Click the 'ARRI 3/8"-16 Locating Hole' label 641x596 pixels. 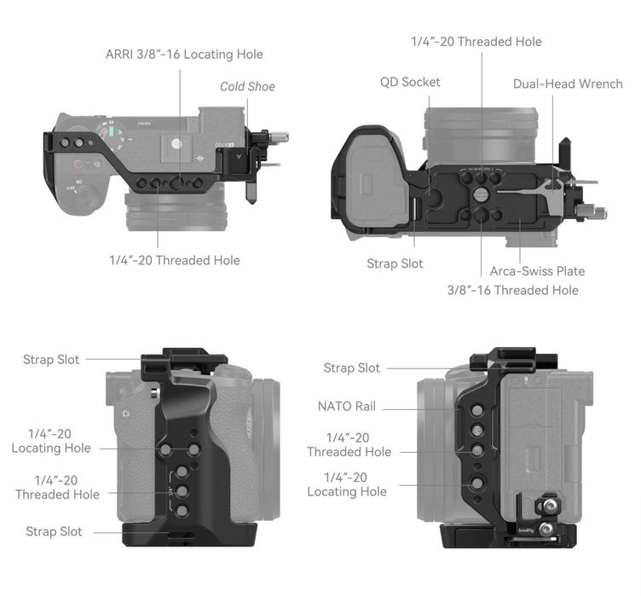(x=184, y=55)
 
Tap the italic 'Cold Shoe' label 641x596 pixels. (x=247, y=87)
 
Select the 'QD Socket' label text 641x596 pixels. (x=410, y=82)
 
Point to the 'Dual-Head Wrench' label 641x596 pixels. (x=568, y=84)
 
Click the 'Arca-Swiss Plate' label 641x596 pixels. (x=537, y=271)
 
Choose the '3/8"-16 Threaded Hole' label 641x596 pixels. (x=512, y=290)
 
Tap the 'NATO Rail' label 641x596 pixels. (x=347, y=406)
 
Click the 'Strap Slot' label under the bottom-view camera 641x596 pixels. (x=395, y=263)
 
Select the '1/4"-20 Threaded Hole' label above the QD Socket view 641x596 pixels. (x=476, y=42)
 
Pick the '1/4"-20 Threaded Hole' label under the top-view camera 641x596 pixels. (x=175, y=260)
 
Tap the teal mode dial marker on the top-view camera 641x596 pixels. (x=111, y=131)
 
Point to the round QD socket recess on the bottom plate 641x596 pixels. (x=432, y=197)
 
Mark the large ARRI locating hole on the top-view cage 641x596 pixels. (x=176, y=182)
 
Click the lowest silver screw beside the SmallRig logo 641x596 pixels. (x=545, y=529)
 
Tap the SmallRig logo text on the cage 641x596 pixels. (x=526, y=530)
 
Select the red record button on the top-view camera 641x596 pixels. (x=78, y=165)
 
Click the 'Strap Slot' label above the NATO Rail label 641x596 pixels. (x=351, y=367)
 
